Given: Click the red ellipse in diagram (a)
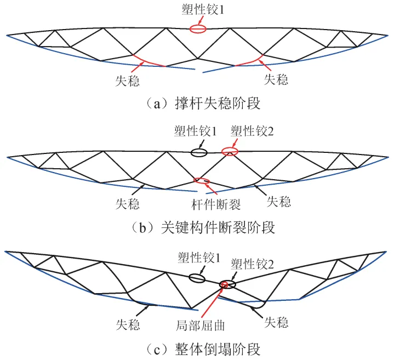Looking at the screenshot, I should click(198, 28).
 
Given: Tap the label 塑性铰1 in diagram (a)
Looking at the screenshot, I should click(198, 10).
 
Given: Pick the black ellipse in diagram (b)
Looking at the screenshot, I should click(199, 153).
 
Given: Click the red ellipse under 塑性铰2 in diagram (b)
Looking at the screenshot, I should click(230, 151).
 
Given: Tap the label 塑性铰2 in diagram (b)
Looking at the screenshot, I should click(250, 132).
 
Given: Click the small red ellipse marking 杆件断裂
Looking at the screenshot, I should click(202, 180).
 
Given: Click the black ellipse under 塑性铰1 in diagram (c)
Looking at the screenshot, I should click(197, 278).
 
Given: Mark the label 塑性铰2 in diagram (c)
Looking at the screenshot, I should click(252, 264).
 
